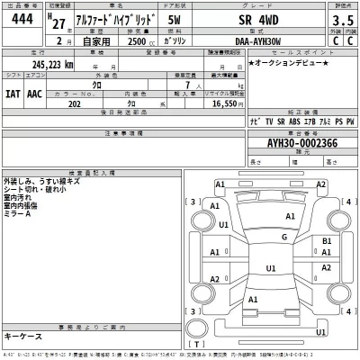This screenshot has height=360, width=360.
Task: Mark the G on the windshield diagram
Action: pos(283,237)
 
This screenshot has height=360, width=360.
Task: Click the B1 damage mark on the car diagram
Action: pos(327,242)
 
